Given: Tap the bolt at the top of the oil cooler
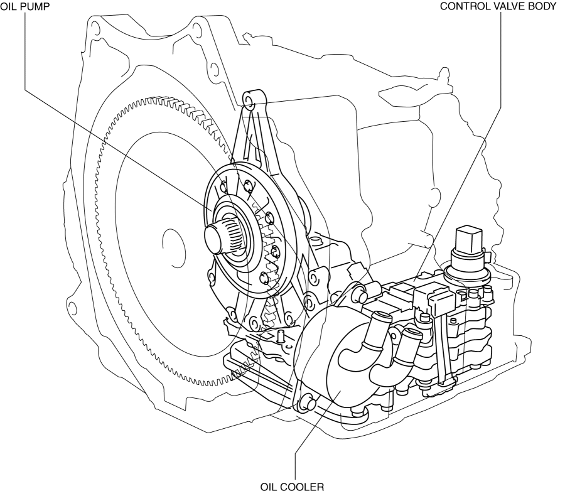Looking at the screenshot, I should (x=359, y=290).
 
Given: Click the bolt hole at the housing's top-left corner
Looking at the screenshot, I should (x=94, y=28).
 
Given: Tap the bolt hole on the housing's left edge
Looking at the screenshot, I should (x=72, y=308).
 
